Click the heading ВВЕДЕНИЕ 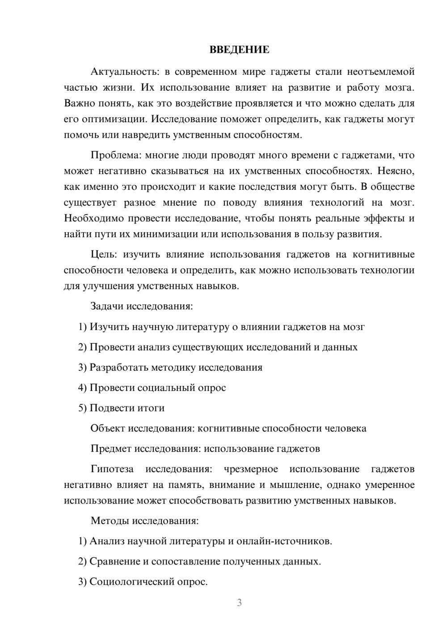[239, 50]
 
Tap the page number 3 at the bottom [239, 603]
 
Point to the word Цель [103, 255]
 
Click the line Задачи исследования [142, 307]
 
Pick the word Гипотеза [112, 469]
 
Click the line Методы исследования [144, 521]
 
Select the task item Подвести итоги [127, 408]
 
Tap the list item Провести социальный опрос [158, 388]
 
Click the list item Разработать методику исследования [176, 368]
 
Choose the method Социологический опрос [148, 582]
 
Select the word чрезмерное [251, 469]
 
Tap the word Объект [108, 428]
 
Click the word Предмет [111, 449]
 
